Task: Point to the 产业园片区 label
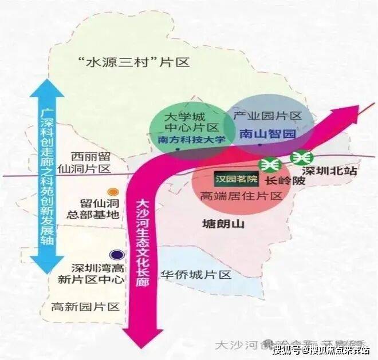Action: [x=268, y=116]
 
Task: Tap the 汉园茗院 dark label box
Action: [x=237, y=179]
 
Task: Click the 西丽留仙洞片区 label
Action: [x=90, y=163]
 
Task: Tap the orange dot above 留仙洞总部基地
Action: [x=113, y=192]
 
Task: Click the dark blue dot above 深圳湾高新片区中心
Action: [x=116, y=255]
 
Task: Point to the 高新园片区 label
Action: [x=85, y=307]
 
